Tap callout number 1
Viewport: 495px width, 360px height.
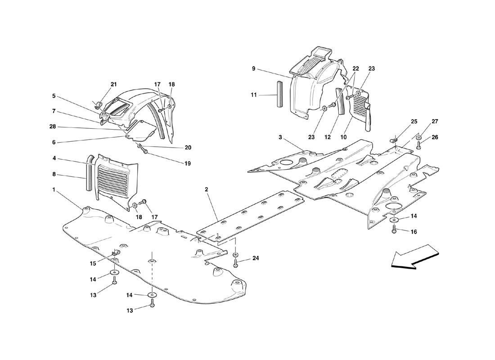tap(54, 189)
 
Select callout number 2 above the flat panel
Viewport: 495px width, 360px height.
tap(207, 189)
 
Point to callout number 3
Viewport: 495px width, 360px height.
tap(280, 137)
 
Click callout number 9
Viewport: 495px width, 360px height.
tap(253, 68)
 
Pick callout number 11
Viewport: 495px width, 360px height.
tap(254, 94)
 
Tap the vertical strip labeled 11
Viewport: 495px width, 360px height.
tap(279, 94)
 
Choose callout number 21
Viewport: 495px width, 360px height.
tap(114, 84)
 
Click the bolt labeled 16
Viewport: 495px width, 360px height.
tap(394, 230)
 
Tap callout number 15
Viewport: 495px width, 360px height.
tap(93, 263)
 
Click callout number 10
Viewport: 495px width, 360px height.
tap(343, 137)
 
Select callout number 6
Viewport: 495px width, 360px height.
tap(54, 142)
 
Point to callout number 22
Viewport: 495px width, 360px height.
tap(356, 68)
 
